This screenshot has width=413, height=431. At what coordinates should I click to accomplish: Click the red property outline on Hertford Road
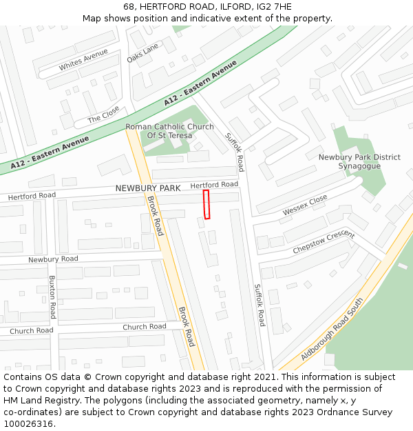click(x=206, y=205)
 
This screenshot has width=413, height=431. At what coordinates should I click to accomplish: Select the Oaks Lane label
click(x=142, y=52)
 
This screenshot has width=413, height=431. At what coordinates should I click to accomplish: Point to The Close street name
click(x=103, y=114)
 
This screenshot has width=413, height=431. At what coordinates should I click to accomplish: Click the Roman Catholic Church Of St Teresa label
click(x=169, y=131)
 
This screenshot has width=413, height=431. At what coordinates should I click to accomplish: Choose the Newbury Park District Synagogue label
click(x=359, y=161)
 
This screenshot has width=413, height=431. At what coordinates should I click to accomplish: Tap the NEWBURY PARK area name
click(x=148, y=188)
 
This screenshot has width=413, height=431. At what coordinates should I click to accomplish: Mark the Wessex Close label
click(x=305, y=205)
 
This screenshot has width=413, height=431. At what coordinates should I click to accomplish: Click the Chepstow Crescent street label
click(x=323, y=241)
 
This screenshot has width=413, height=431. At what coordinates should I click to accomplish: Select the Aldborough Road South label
click(x=332, y=334)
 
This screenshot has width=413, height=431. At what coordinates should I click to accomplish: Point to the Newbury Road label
click(x=53, y=259)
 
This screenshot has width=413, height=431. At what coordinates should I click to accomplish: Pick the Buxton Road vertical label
click(x=52, y=297)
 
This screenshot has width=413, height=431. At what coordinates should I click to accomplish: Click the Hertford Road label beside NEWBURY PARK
click(x=214, y=185)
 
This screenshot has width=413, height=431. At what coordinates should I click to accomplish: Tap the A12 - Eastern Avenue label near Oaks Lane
click(x=200, y=83)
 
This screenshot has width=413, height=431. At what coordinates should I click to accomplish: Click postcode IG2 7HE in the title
click(x=275, y=7)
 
